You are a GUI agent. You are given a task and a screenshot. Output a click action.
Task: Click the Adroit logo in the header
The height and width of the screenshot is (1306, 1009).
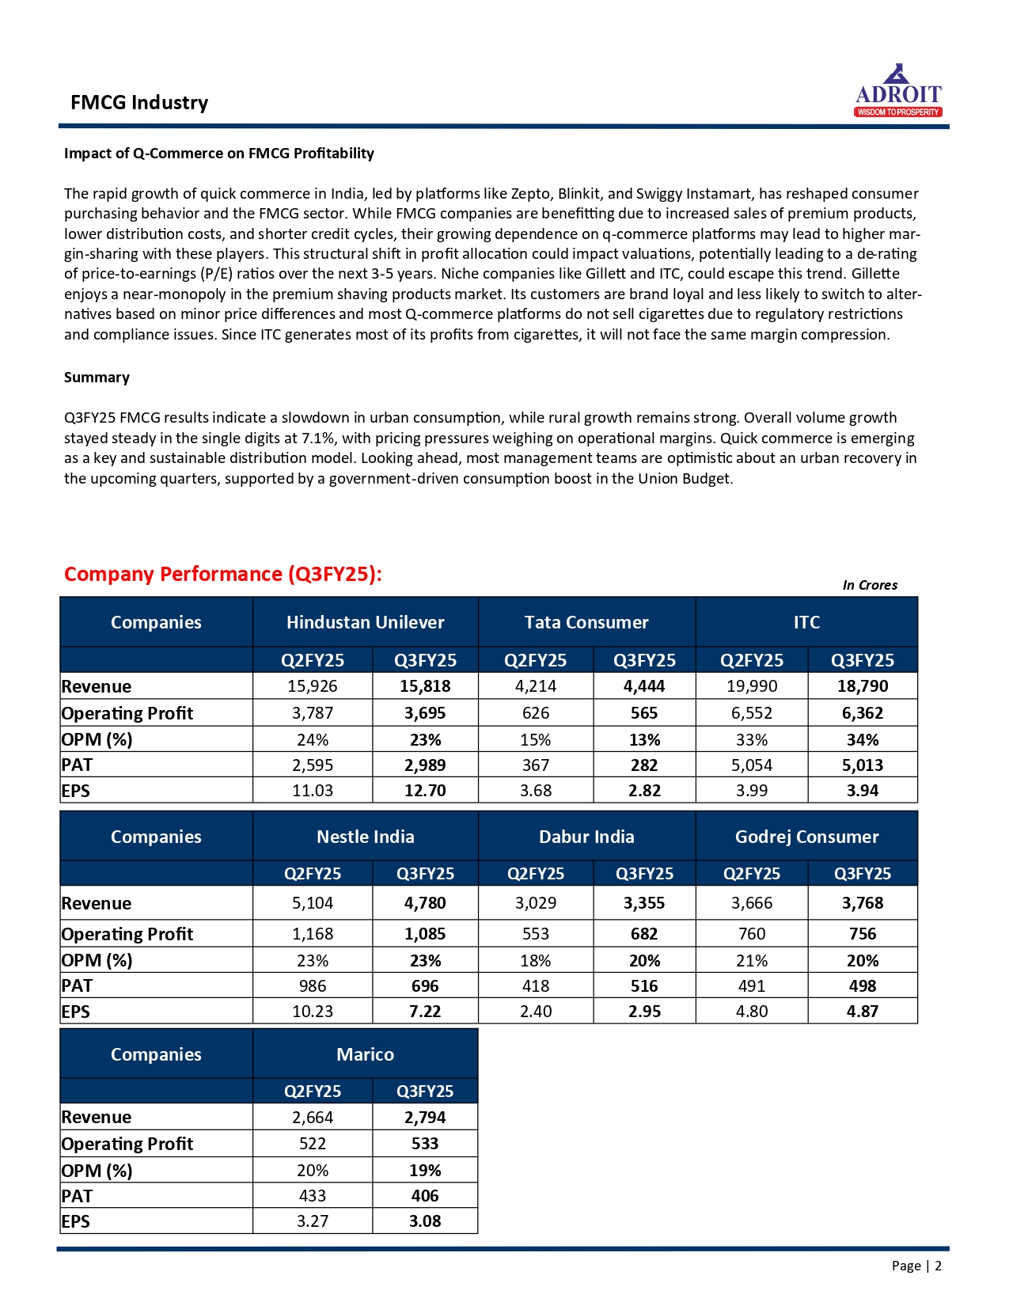tap(898, 91)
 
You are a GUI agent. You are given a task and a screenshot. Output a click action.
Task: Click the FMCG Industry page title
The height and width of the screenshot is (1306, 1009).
tap(139, 103)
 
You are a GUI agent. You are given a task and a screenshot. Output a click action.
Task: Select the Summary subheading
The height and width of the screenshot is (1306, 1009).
tap(97, 378)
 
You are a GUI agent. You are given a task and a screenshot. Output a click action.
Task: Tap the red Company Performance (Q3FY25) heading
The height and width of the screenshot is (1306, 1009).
tap(222, 574)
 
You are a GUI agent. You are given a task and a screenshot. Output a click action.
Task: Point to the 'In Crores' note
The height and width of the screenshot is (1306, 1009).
tap(870, 585)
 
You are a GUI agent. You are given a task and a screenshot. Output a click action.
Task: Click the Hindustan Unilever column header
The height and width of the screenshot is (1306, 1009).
tap(365, 622)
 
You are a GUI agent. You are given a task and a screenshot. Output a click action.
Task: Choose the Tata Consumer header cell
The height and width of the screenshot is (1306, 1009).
tap(586, 622)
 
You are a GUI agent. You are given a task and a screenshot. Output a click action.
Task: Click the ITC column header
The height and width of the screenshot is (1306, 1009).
tap(806, 622)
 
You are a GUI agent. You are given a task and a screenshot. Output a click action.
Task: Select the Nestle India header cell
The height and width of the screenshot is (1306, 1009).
tap(365, 837)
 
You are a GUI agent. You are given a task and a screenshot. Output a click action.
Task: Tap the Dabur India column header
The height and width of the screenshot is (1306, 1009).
tap(586, 837)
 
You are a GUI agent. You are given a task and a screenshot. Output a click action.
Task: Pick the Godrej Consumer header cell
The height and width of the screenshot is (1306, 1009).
tap(806, 837)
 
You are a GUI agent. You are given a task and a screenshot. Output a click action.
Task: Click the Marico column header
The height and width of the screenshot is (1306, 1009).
tap(365, 1054)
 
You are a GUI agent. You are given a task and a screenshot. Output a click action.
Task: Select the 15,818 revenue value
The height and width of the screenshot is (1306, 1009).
tap(425, 686)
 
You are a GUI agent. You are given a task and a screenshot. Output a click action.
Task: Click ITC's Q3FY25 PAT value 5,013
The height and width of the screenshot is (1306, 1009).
tap(863, 765)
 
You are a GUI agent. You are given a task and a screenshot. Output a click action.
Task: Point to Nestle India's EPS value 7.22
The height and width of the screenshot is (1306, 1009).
tap(425, 1012)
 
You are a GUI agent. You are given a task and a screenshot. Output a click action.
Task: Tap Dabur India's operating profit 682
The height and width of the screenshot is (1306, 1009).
tap(644, 934)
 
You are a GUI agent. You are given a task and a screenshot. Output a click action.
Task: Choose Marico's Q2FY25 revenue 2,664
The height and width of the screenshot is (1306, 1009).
tap(313, 1117)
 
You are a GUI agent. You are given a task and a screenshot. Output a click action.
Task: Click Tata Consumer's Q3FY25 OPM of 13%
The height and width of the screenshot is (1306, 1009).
tap(644, 740)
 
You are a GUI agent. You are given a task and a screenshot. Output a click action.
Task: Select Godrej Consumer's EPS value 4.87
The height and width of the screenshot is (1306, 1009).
tap(863, 1012)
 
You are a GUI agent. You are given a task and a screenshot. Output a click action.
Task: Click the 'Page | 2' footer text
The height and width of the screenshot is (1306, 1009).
tap(916, 1266)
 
